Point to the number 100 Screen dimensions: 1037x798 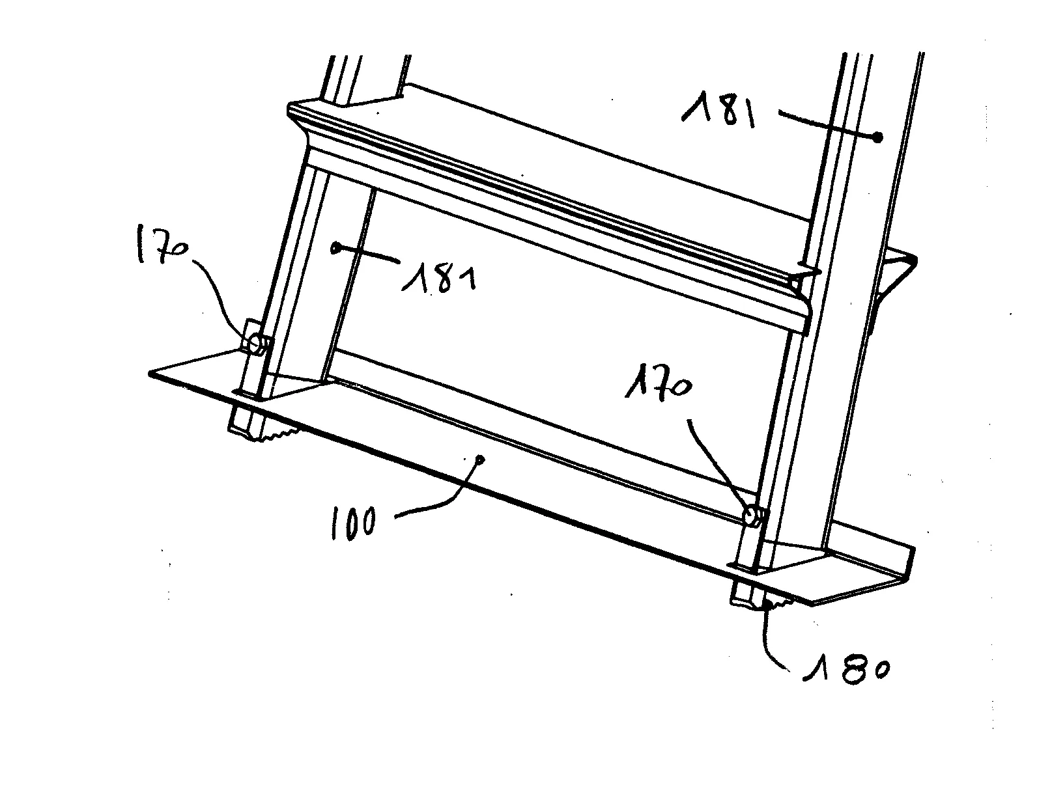pyautogui.click(x=353, y=523)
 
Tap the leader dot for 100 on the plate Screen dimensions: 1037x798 pyautogui.click(x=481, y=460)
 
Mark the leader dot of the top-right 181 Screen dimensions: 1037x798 pyautogui.click(x=877, y=138)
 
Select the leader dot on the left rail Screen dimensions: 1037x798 pyautogui.click(x=335, y=247)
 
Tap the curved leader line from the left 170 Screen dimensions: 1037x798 pyautogui.click(x=224, y=296)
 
